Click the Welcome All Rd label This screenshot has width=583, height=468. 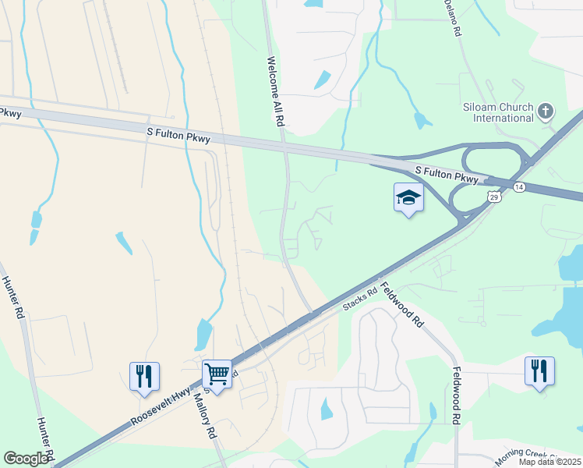coord(274,92)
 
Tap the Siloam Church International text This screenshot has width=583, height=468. coord(496,112)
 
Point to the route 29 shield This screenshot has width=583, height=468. coord(493,196)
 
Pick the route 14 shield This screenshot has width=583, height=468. coord(520,187)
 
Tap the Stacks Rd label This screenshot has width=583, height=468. coord(361,300)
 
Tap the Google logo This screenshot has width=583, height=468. coord(26,459)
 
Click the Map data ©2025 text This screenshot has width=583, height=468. coord(550,462)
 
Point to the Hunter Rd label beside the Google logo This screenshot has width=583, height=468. coord(44,437)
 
